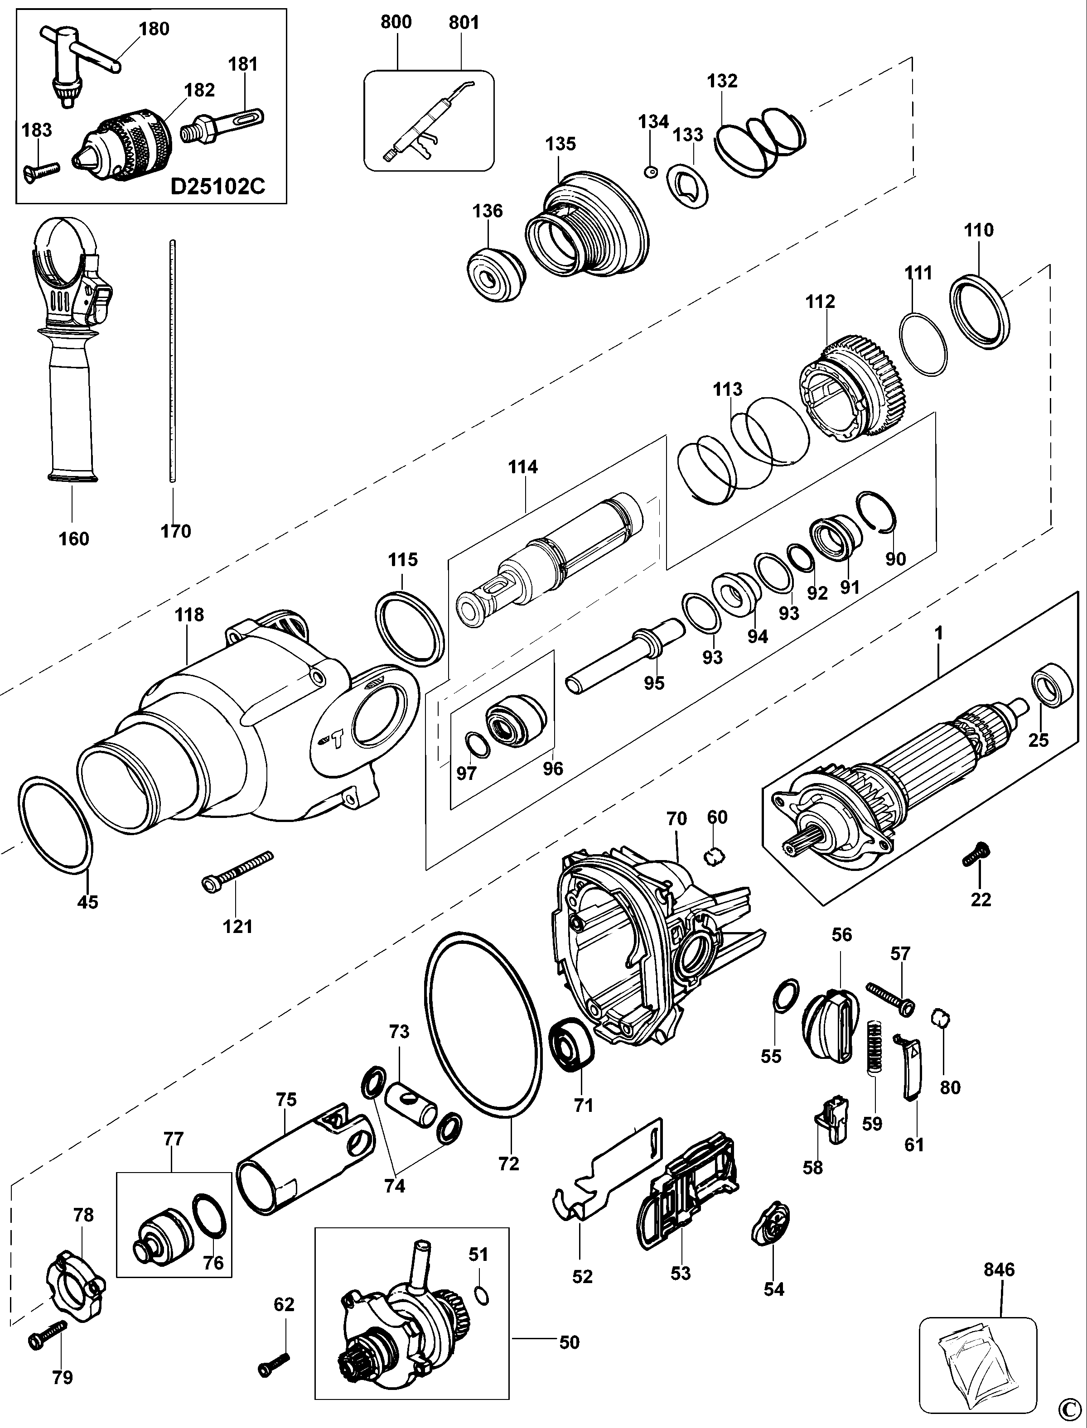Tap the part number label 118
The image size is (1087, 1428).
click(x=189, y=615)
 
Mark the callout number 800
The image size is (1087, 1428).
click(x=396, y=22)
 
